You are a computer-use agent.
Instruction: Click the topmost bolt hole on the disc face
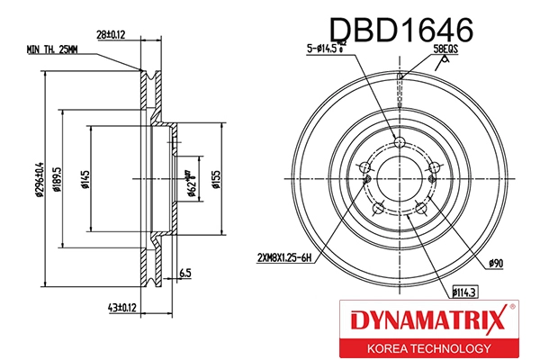(400, 139)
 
